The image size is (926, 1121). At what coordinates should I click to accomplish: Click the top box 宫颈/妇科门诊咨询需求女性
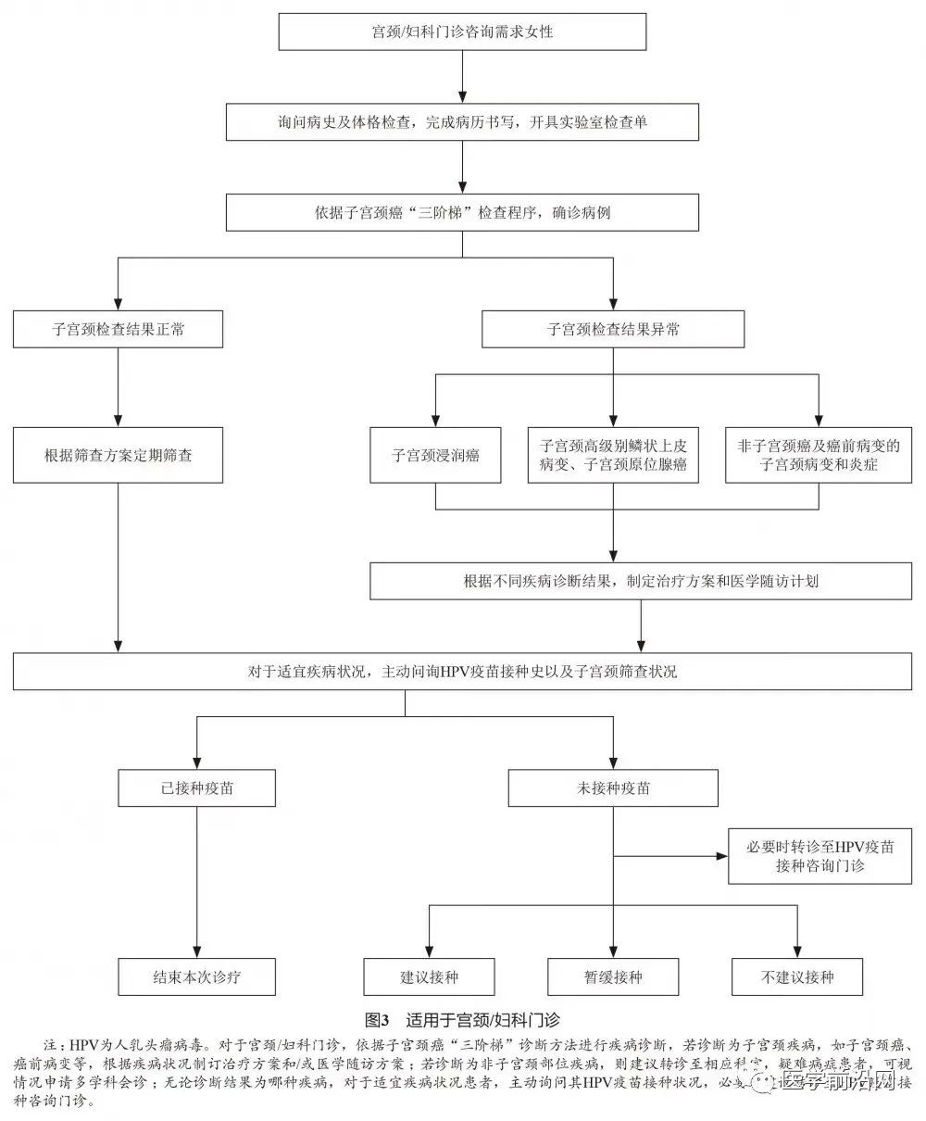point(462,32)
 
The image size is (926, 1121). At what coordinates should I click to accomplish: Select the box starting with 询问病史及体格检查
point(462,121)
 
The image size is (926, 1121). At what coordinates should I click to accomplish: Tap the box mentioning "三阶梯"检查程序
point(462,212)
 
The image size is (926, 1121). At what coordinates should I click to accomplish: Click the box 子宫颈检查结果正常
point(118,329)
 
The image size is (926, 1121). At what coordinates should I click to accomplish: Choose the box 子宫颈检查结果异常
point(613,329)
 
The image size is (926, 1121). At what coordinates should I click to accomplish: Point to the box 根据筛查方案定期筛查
point(118,455)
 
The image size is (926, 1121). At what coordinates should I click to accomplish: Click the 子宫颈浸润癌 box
point(436,455)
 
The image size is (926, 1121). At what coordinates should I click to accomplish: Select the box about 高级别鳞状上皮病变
point(613,455)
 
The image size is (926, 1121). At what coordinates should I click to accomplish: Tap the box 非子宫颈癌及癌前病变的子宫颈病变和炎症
point(819,455)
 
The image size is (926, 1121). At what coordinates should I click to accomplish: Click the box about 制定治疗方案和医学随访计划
point(641,582)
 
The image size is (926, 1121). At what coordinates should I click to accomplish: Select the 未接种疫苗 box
point(613,788)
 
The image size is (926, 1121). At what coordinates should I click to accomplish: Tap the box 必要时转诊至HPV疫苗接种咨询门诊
point(820,856)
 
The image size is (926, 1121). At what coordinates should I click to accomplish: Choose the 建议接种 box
point(429,976)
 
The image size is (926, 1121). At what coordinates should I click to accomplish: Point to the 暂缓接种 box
point(613,976)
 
